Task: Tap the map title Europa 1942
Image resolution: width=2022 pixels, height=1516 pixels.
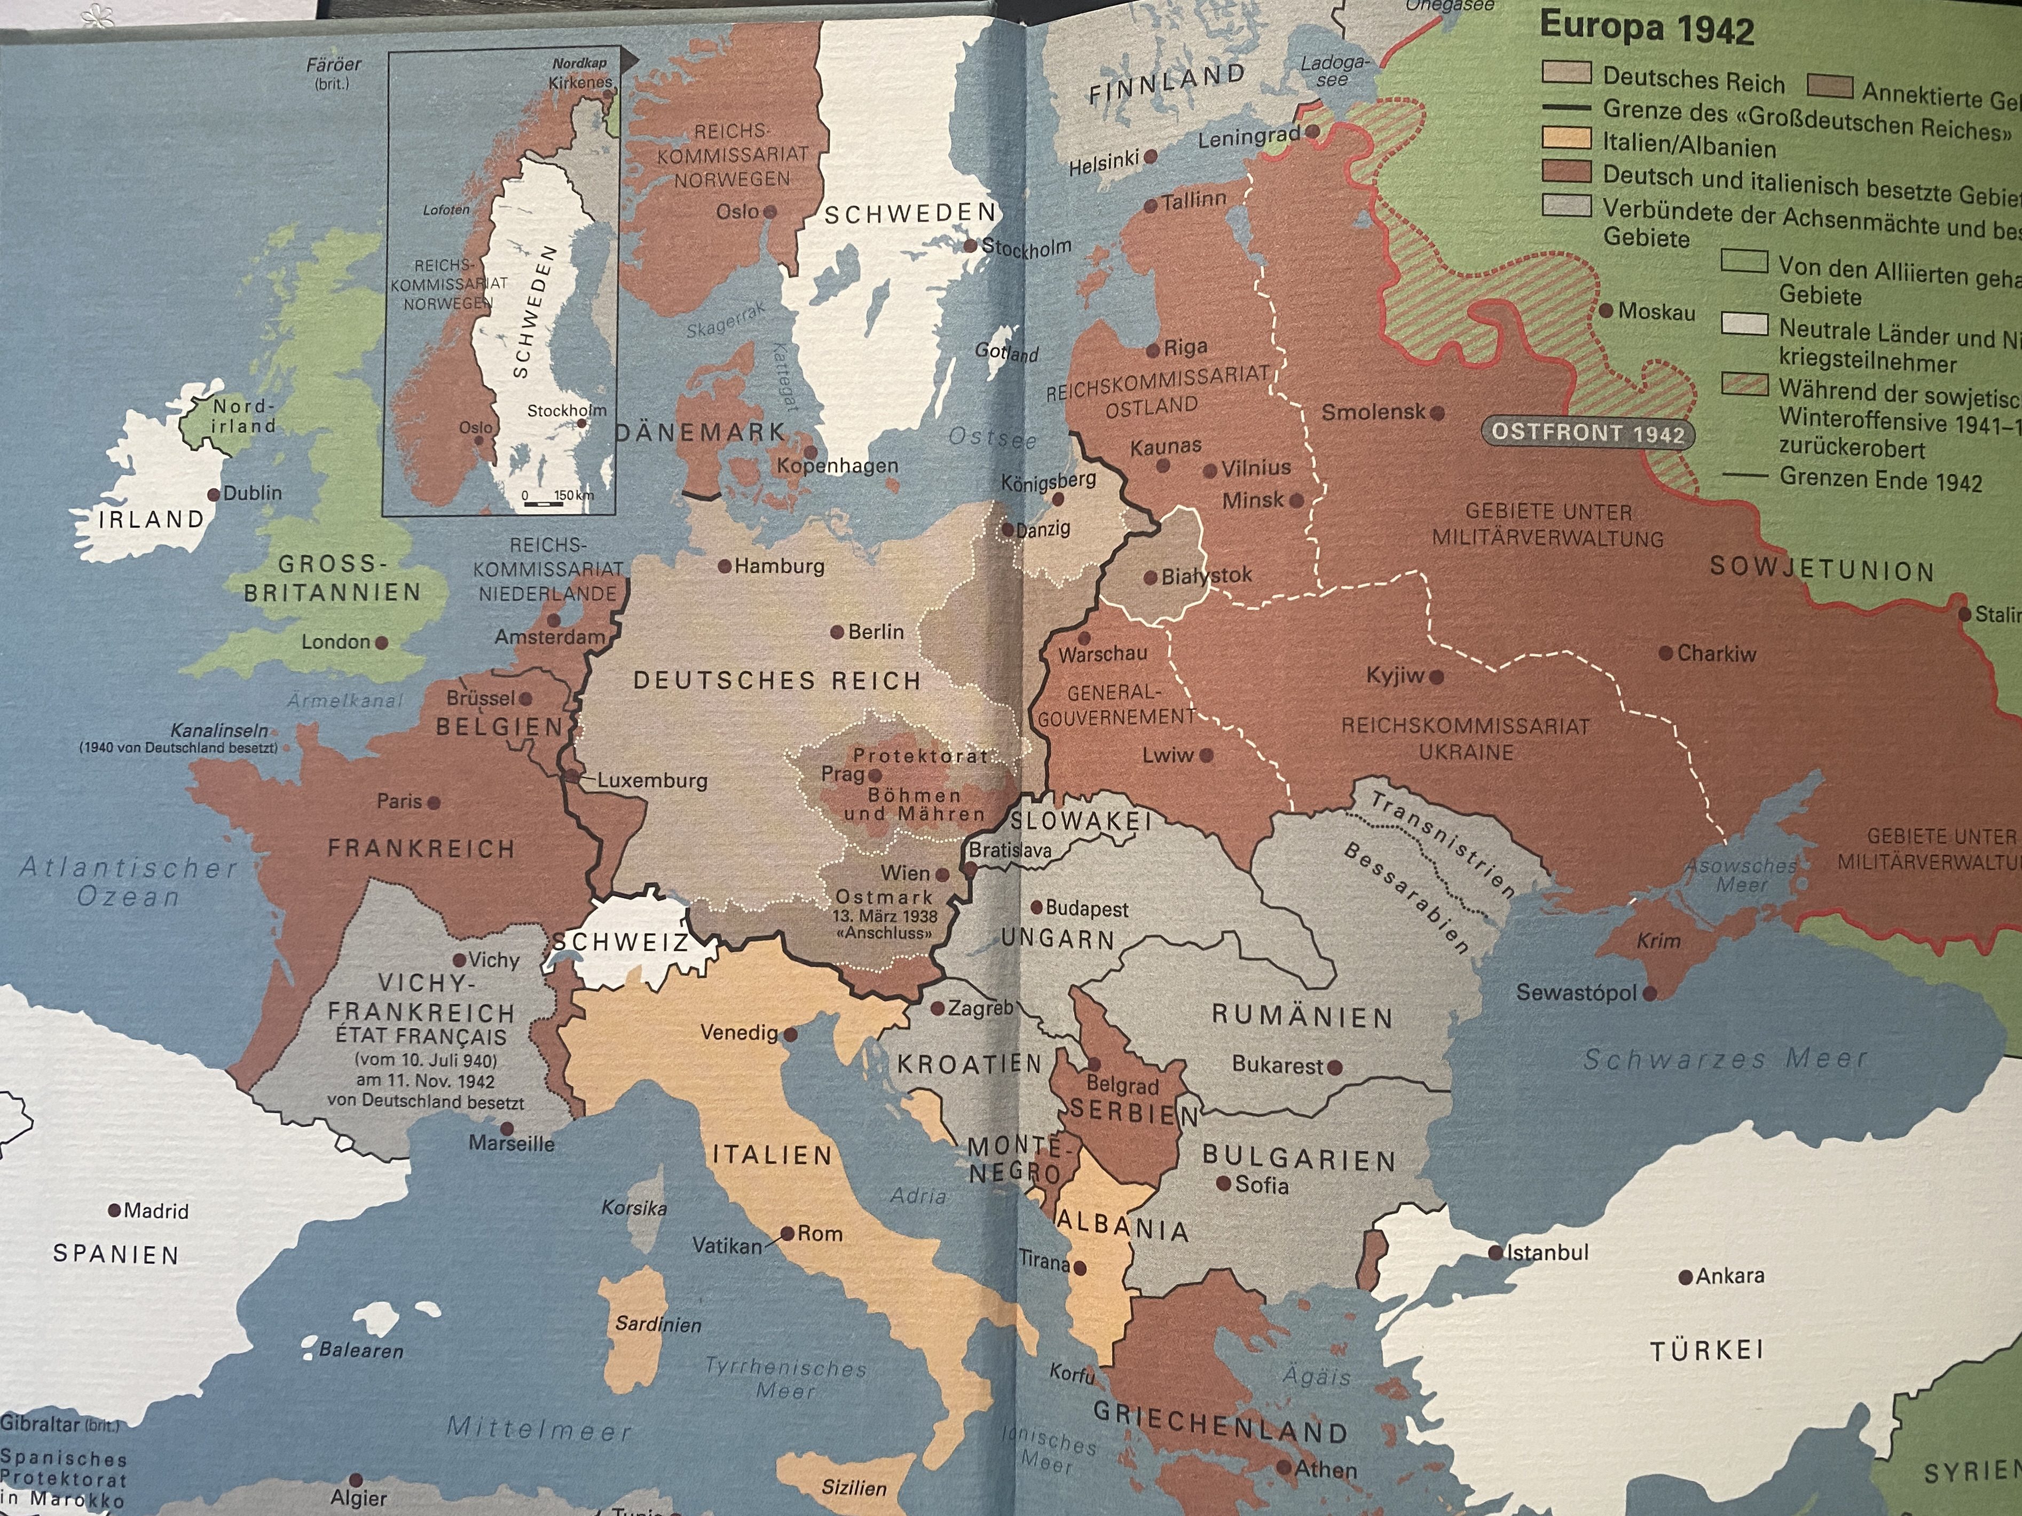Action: [x=1646, y=27]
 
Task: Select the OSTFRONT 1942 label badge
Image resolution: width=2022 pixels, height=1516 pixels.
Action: [x=1588, y=433]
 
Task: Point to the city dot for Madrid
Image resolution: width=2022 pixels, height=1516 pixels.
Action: [x=114, y=1210]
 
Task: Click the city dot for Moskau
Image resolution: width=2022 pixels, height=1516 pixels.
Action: [x=1606, y=311]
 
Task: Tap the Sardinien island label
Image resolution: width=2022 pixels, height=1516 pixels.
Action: [x=658, y=1324]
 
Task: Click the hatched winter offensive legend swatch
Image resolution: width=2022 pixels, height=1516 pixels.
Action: [x=1743, y=384]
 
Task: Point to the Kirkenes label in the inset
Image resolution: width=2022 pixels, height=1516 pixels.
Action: [x=579, y=82]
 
